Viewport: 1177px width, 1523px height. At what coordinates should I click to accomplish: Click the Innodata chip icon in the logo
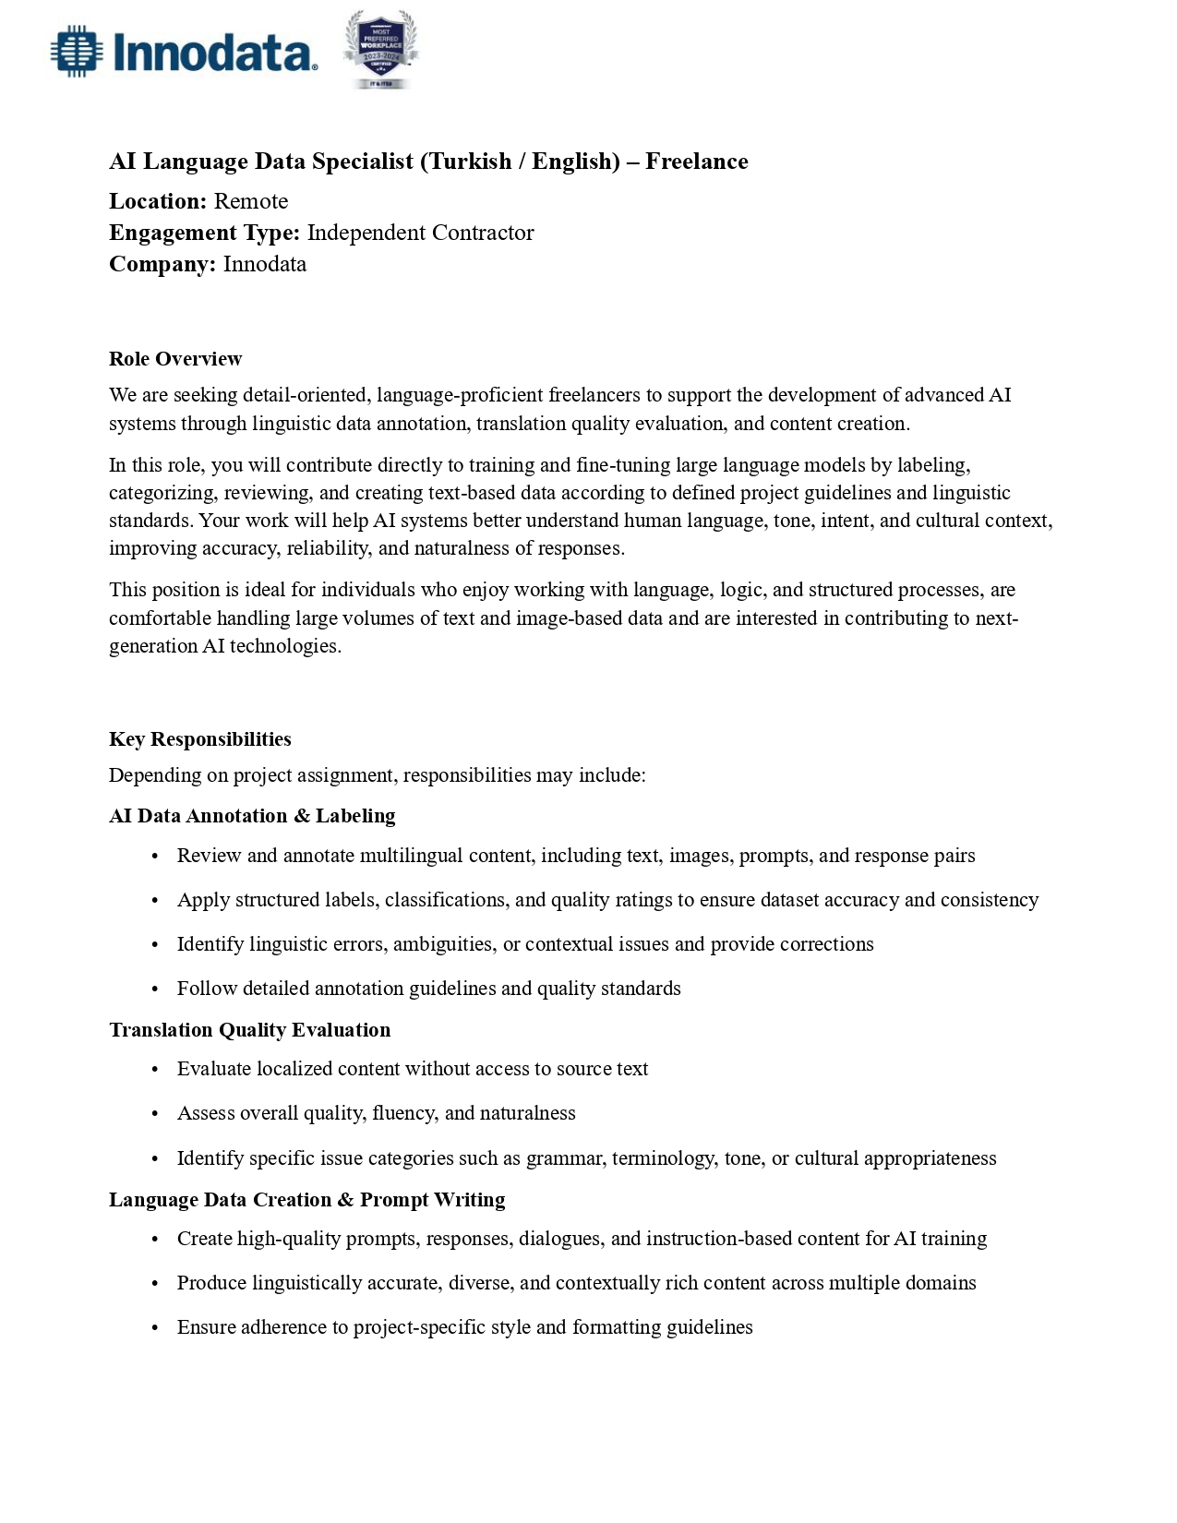[76, 52]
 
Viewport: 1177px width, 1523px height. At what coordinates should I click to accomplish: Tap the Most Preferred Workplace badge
[380, 50]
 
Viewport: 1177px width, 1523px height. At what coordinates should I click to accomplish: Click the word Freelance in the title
[696, 162]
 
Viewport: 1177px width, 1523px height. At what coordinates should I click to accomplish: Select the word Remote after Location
[251, 201]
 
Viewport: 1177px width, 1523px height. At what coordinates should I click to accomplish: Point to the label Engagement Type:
[204, 233]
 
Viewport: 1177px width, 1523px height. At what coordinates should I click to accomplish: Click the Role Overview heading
[175, 358]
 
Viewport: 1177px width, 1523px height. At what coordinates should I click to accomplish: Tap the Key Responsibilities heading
[199, 738]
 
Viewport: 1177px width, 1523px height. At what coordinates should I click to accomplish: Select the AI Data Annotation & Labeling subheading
[252, 816]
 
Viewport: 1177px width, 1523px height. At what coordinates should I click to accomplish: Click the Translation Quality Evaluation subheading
[249, 1029]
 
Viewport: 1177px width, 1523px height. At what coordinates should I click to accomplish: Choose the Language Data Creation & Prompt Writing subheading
[306, 1199]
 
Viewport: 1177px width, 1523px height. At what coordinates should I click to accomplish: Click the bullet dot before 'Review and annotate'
[155, 857]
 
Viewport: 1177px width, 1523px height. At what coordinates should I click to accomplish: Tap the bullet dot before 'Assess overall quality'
[155, 1114]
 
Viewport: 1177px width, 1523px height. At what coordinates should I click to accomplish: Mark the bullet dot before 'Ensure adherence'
[155, 1328]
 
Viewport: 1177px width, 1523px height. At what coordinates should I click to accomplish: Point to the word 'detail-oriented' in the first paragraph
[305, 395]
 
